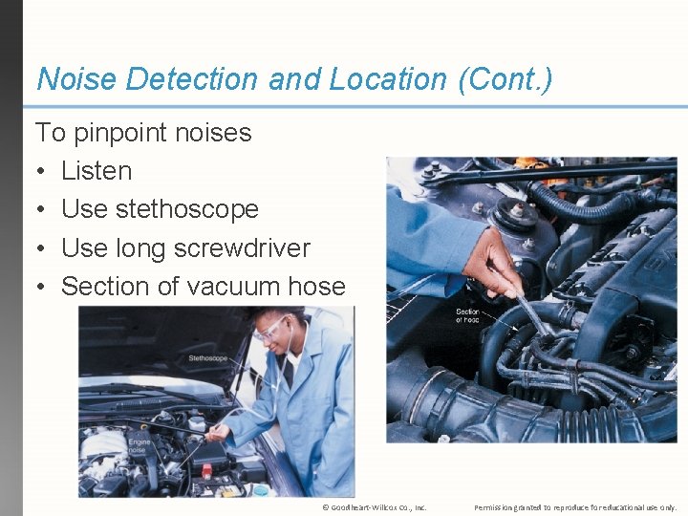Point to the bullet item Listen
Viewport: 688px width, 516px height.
click(97, 171)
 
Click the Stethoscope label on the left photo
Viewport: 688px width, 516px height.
click(208, 358)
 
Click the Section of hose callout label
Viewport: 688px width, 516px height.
click(467, 316)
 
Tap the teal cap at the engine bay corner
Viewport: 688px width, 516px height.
click(259, 489)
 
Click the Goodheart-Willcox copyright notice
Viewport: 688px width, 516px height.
click(375, 507)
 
